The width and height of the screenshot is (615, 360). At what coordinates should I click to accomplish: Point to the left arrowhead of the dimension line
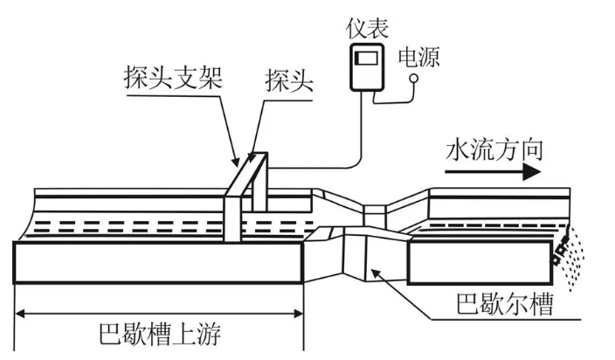pos(19,313)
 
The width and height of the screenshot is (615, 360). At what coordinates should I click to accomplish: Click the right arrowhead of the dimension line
pos(299,313)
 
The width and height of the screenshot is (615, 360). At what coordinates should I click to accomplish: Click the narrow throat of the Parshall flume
pos(374,236)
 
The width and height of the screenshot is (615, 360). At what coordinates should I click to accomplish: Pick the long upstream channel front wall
pos(158,261)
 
